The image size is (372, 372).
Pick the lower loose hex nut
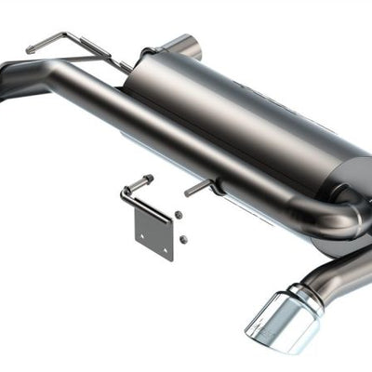click(x=183, y=239)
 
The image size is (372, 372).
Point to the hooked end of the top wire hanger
click(x=32, y=46)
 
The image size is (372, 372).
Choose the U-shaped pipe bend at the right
click(x=344, y=219)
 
